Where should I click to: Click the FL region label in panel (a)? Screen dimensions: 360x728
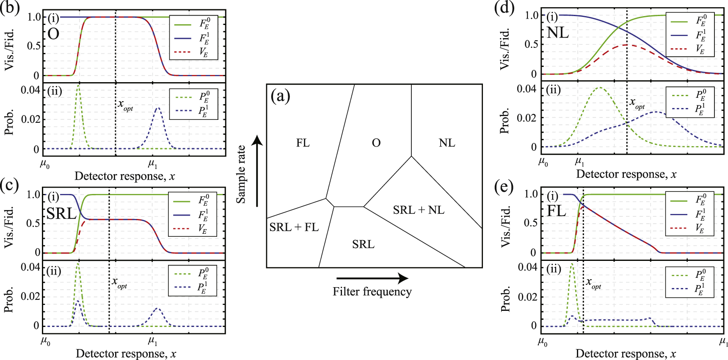coord(303,143)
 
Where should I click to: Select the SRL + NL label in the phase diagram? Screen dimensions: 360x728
coord(419,210)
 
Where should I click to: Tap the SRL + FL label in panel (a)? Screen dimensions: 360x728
coord(294,227)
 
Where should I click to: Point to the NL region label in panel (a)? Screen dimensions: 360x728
coord(447,143)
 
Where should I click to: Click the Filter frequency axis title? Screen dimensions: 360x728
coord(372,292)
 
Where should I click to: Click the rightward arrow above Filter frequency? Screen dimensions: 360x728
coord(372,278)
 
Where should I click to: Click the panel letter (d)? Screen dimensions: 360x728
coord(504,7)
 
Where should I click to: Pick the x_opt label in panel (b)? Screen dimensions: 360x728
coord(125,105)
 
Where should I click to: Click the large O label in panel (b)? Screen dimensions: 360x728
coord(53,34)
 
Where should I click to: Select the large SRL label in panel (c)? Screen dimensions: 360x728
coord(62,213)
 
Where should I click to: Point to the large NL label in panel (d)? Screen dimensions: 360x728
coord(558,33)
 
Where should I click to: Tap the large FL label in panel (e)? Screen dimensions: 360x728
coord(556,210)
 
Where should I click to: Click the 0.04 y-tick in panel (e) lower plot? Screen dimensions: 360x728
coord(527,267)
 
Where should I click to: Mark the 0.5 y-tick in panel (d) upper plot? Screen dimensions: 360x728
coord(531,44)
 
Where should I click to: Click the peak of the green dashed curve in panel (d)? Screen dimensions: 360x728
coord(600,88)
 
